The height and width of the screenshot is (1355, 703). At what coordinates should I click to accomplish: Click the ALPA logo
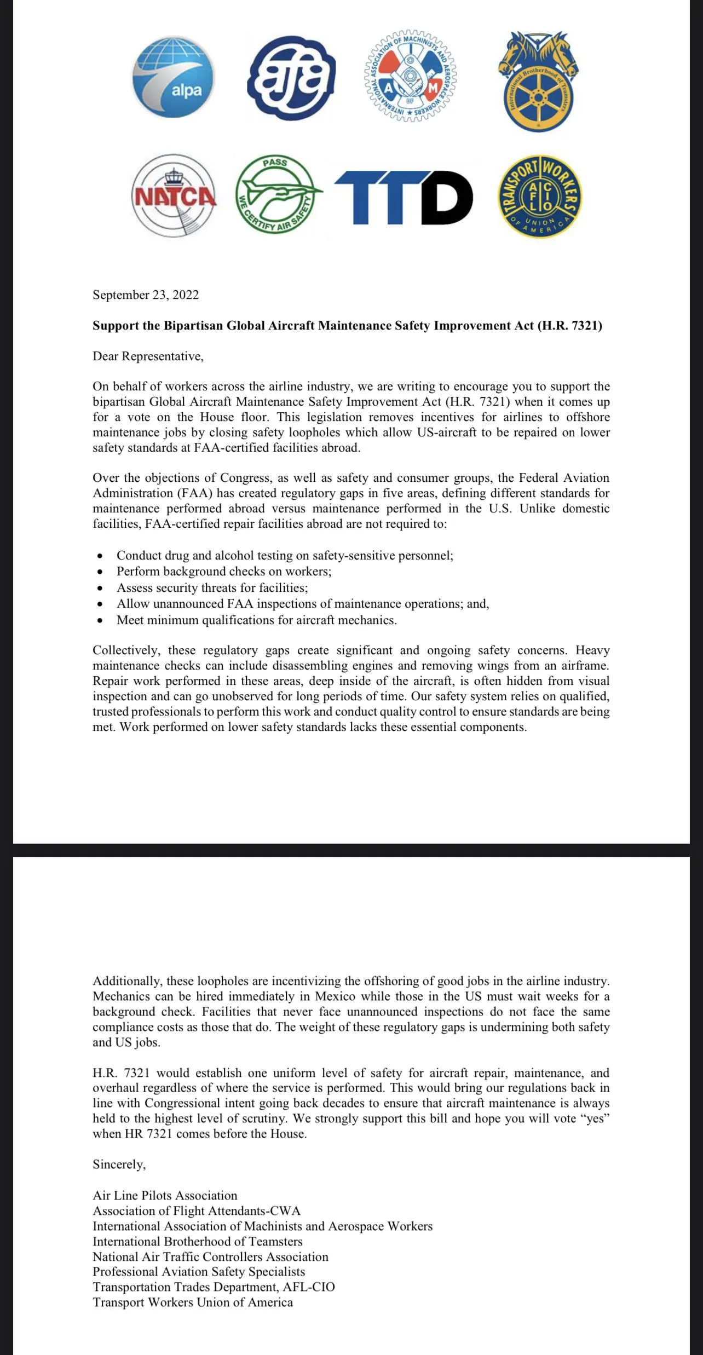click(x=174, y=78)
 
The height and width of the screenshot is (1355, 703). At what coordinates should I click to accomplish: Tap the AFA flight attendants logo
click(x=291, y=78)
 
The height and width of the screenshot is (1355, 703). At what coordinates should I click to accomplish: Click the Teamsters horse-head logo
click(x=539, y=81)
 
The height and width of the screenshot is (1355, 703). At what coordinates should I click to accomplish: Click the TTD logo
click(x=404, y=197)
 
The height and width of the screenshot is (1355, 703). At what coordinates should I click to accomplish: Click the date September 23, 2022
click(x=146, y=295)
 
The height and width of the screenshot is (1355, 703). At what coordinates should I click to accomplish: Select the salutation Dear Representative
click(x=148, y=356)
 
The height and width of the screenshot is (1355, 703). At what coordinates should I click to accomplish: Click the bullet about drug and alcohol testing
click(x=285, y=556)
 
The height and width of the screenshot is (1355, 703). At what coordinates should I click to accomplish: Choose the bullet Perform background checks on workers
click(x=224, y=572)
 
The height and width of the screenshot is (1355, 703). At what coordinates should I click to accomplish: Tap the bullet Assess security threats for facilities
click(x=212, y=588)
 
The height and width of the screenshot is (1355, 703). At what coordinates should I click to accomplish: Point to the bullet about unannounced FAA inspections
click(x=303, y=604)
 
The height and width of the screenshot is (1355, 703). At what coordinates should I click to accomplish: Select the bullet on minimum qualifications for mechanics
click(x=257, y=620)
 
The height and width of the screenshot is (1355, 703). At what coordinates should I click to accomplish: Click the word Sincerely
click(x=119, y=1164)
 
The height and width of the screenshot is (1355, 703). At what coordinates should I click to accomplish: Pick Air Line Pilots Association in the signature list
click(x=165, y=1196)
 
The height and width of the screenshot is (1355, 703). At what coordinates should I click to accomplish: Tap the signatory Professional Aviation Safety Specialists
click(x=199, y=1272)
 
